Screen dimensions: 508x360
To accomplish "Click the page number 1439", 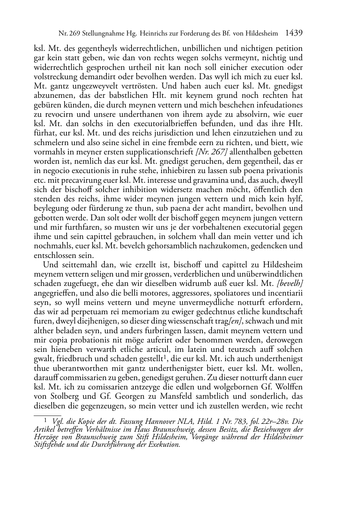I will (294, 33).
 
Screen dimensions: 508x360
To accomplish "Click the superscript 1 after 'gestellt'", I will (164, 357).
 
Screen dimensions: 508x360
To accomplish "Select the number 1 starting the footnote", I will (45, 421).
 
